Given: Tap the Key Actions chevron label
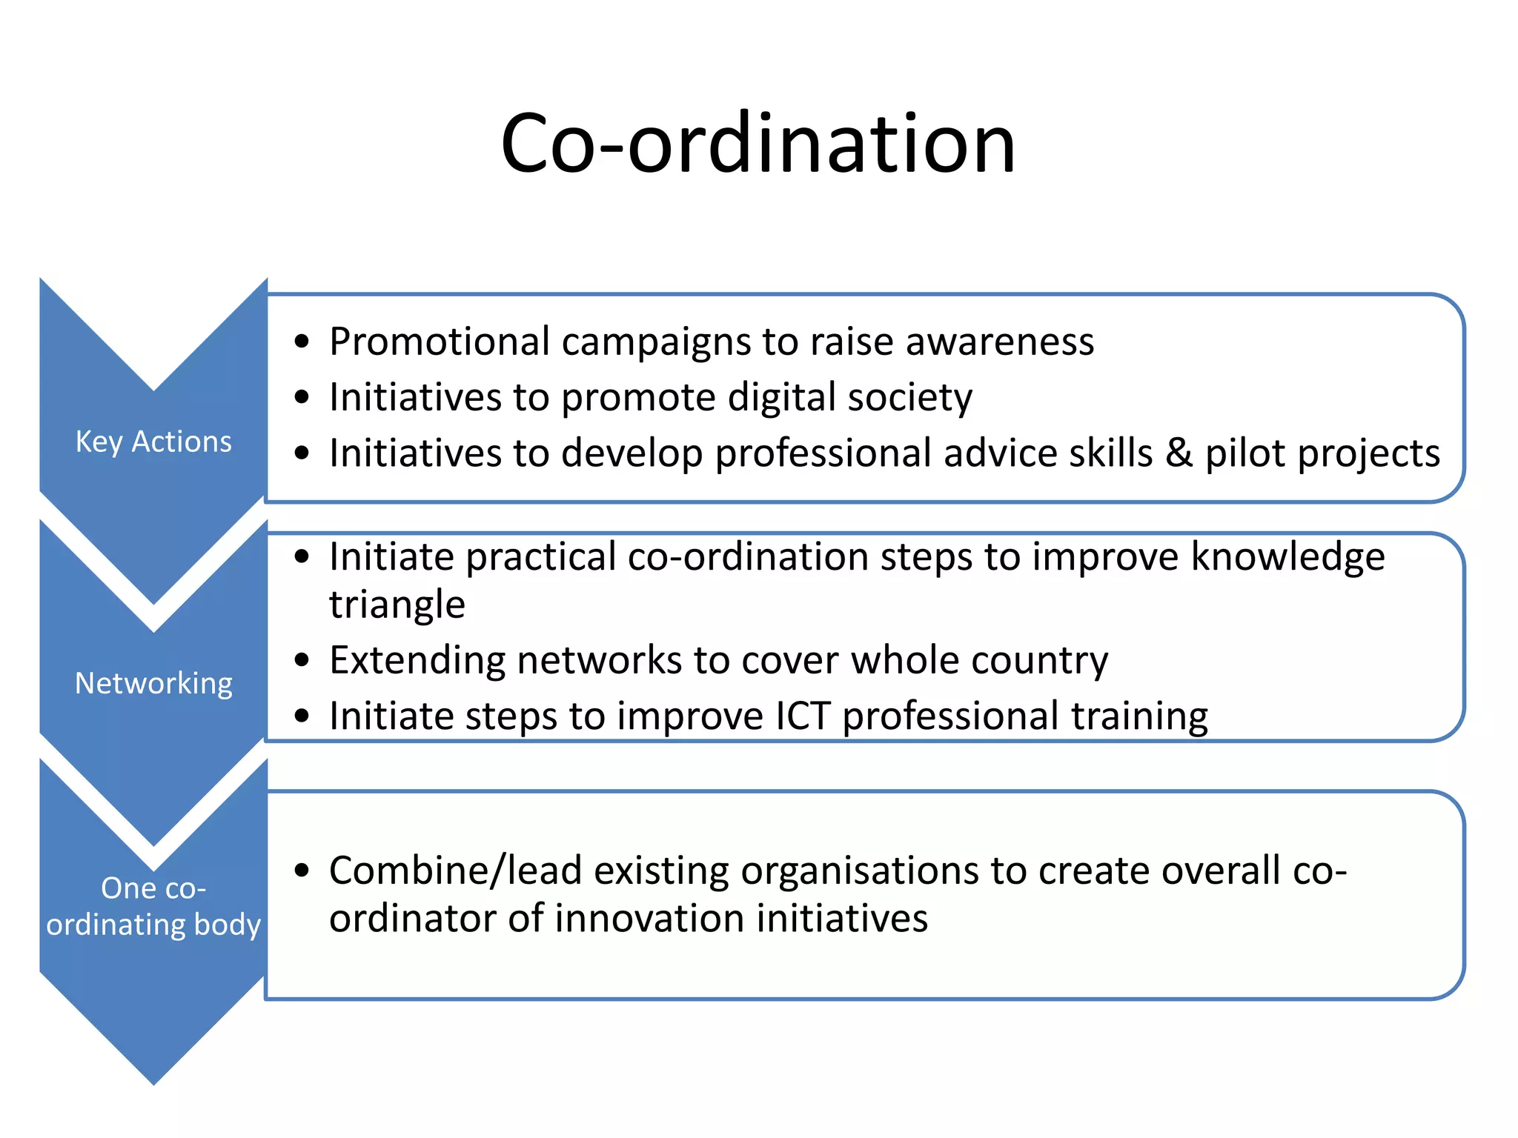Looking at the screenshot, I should click(153, 442).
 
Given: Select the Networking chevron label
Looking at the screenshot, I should click(153, 683).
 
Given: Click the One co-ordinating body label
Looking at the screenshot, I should click(153, 906).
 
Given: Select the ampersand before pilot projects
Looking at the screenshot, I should click(1179, 453).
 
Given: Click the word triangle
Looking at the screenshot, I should click(397, 605).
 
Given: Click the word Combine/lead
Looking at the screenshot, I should click(455, 871).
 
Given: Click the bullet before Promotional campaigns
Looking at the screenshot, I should click(301, 342).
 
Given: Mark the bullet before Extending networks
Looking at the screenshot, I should click(301, 660).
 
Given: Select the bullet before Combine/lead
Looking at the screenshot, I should click(301, 871).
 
